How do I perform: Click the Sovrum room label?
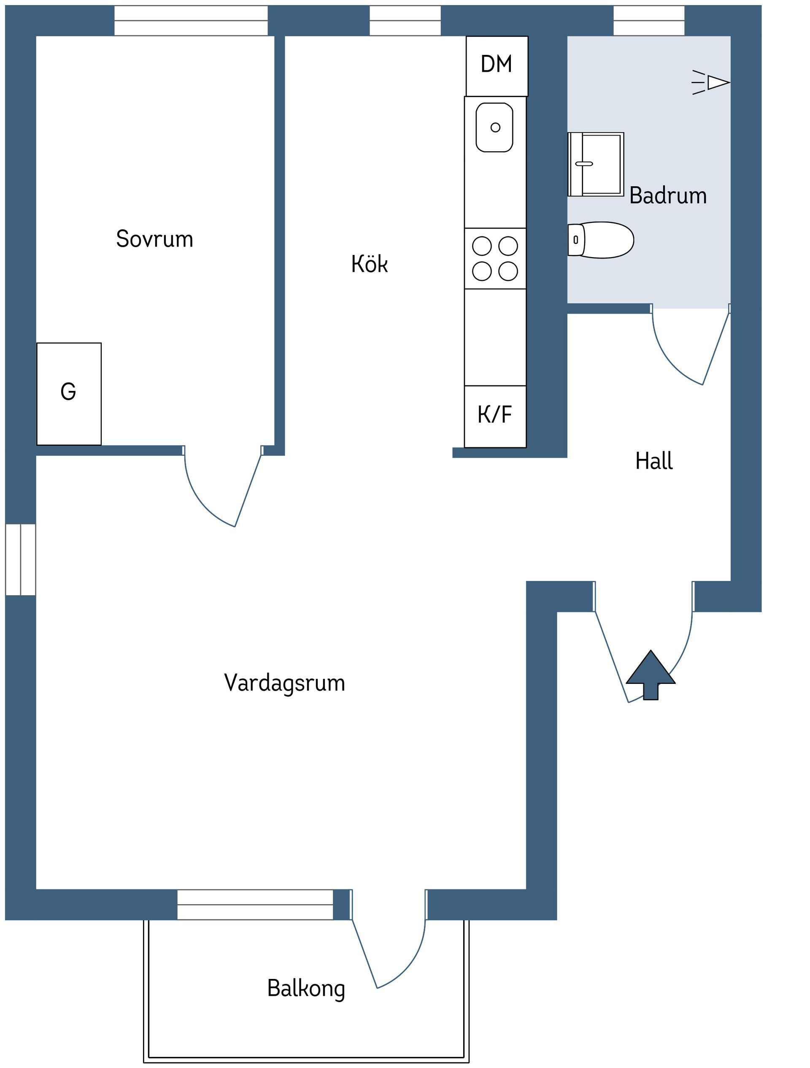(x=154, y=239)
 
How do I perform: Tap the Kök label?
(x=369, y=264)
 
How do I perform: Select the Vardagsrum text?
(x=285, y=683)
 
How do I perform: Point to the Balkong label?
(x=306, y=988)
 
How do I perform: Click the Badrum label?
(x=668, y=195)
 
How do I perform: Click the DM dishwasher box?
(x=497, y=65)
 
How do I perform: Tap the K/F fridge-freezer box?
(x=495, y=416)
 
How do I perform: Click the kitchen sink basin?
(x=494, y=127)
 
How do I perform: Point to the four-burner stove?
(x=495, y=259)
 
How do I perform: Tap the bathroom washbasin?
(x=596, y=164)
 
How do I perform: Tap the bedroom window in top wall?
(x=191, y=21)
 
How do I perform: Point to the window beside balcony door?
(x=255, y=905)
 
